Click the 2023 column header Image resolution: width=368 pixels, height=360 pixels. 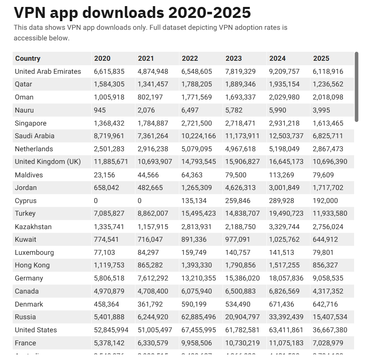(234, 58)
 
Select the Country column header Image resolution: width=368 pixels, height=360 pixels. (28, 58)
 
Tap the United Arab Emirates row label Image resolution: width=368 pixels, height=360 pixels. (48, 71)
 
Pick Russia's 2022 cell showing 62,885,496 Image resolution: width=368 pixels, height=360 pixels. (199, 317)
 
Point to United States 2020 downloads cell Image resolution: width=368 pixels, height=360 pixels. (111, 330)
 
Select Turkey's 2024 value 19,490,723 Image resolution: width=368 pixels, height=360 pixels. (286, 213)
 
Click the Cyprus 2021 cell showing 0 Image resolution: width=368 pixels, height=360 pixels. (140, 201)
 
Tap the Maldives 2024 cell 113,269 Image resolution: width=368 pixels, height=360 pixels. (282, 175)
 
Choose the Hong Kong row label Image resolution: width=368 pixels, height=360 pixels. (32, 265)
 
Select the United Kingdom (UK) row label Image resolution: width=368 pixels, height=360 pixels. (48, 161)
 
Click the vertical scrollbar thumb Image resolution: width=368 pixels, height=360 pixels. (357, 86)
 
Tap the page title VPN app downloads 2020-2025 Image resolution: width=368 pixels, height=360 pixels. (132, 13)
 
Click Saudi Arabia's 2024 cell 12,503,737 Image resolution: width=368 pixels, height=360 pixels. (286, 136)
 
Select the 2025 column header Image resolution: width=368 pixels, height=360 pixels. (321, 58)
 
